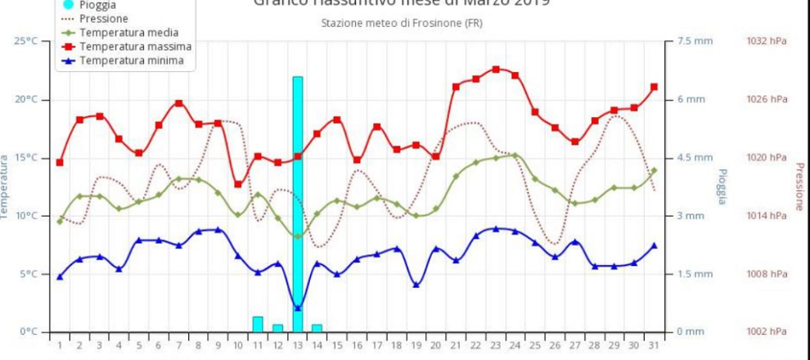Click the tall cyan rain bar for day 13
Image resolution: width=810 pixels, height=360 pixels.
coord(298,205)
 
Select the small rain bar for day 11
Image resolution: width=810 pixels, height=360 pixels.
coord(258,324)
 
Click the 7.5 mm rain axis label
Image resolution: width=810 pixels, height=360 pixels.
coord(690,41)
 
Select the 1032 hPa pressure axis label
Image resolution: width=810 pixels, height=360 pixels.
coord(767,41)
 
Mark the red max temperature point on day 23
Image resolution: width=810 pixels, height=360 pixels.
coord(496,70)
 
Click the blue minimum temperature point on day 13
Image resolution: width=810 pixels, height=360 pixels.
coord(298,308)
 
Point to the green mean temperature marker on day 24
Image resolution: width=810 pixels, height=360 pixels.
coord(515,155)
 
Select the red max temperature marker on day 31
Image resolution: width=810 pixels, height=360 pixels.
coord(654,87)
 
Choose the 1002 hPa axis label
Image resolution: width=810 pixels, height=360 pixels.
coord(767,331)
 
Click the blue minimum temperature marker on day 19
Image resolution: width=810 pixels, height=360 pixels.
coord(416,285)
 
